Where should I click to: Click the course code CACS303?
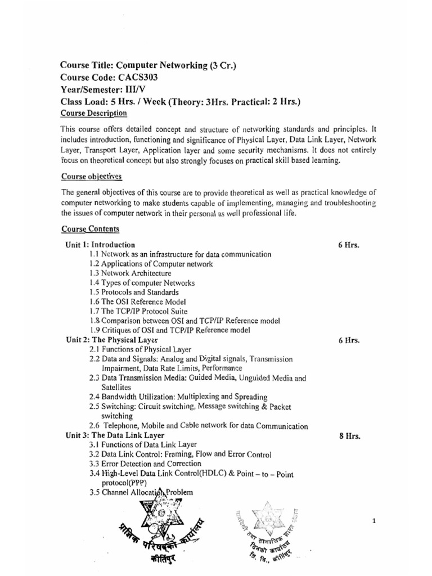pyautogui.click(x=134, y=78)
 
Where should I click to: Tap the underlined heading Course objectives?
pyautogui.click(x=92, y=176)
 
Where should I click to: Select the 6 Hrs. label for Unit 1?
pyautogui.click(x=349, y=245)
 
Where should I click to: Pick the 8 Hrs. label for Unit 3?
pyautogui.click(x=349, y=435)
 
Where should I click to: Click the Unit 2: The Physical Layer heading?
pyautogui.click(x=110, y=340)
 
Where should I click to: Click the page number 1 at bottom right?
pyautogui.click(x=373, y=521)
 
